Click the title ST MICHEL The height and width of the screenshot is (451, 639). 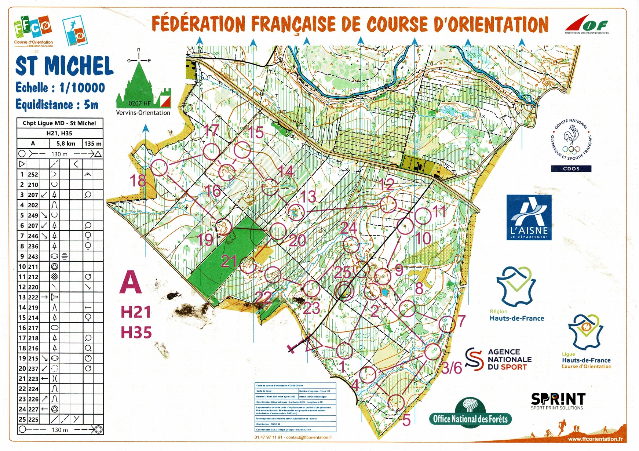click(64, 66)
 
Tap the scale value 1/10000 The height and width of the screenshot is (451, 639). click(82, 87)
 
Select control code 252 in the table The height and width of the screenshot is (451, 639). click(33, 175)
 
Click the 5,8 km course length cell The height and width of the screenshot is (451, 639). click(66, 143)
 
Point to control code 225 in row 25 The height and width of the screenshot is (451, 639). click(33, 419)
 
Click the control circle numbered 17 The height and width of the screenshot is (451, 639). click(212, 151)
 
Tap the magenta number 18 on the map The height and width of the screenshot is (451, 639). click(138, 181)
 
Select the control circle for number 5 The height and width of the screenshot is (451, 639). click(396, 403)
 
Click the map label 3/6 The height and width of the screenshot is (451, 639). click(452, 368)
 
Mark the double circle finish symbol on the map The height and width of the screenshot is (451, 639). click(344, 291)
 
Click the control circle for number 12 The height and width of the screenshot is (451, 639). click(388, 204)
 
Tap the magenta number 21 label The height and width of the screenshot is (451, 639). click(229, 261)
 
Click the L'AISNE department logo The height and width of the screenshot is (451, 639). click(529, 217)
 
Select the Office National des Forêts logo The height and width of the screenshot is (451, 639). click(470, 413)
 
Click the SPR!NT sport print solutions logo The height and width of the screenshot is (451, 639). click(558, 401)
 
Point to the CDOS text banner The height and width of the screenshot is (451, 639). click(571, 168)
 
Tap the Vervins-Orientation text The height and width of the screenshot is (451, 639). click(143, 113)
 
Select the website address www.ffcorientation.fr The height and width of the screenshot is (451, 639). click(595, 439)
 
